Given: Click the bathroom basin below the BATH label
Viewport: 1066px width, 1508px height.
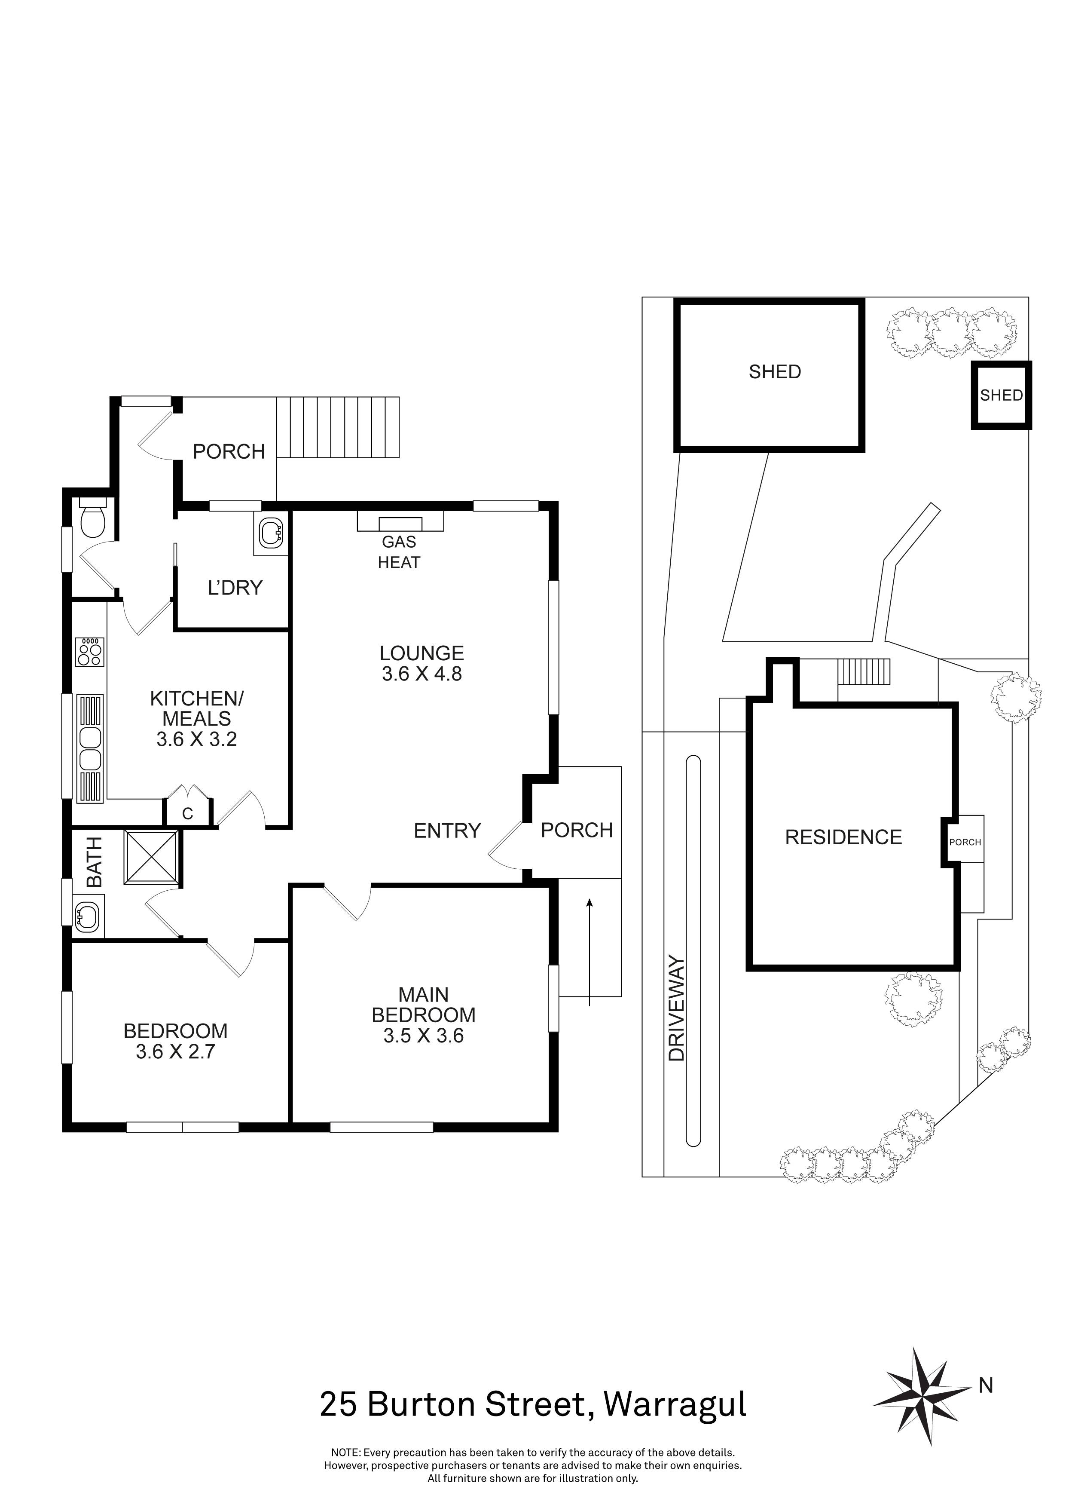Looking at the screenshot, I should (x=87, y=915).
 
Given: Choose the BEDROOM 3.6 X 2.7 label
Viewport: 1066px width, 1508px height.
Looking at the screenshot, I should (x=175, y=1041).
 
